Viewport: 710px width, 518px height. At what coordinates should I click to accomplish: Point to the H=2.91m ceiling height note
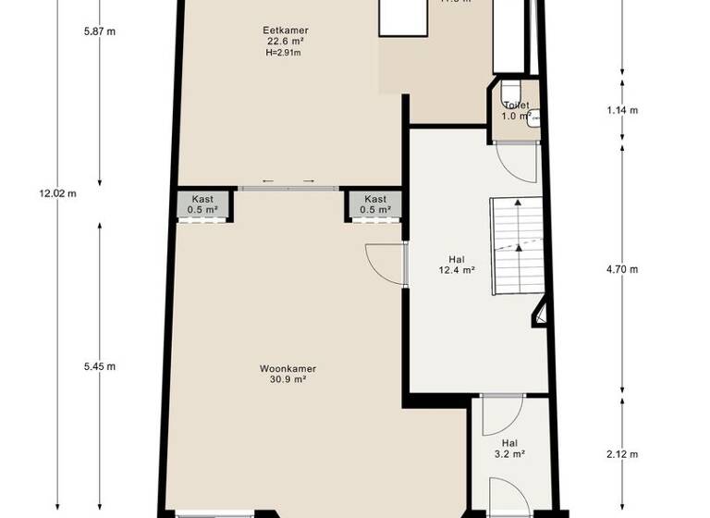tap(283, 53)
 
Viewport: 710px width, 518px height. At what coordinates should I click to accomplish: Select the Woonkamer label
tap(288, 368)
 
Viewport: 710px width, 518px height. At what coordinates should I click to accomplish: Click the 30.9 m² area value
tap(288, 379)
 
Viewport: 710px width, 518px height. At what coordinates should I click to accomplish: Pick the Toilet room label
tap(515, 105)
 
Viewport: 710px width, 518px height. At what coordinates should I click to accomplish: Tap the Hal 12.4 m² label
tap(456, 265)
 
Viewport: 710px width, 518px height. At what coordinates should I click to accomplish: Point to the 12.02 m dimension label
tap(57, 193)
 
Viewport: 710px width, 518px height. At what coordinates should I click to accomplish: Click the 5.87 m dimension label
tap(99, 31)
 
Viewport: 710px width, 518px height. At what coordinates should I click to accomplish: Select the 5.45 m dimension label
tap(99, 366)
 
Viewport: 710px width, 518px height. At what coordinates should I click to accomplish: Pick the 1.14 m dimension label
tap(621, 111)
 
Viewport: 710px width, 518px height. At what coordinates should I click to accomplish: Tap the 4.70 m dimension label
tap(621, 270)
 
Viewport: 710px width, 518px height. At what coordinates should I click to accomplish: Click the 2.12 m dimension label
tap(621, 454)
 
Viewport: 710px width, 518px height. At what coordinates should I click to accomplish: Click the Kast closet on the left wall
tap(203, 204)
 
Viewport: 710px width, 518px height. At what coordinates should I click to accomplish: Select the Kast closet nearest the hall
tap(374, 204)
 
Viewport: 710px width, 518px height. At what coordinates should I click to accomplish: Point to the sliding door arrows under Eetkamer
tap(288, 180)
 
